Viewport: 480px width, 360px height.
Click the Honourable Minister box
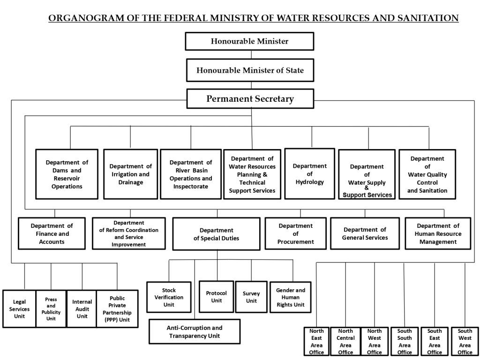click(249, 41)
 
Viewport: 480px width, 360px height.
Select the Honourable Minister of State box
click(250, 70)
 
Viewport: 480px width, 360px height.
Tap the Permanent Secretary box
click(250, 98)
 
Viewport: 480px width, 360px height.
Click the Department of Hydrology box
click(309, 174)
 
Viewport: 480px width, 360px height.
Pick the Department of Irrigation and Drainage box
click(131, 174)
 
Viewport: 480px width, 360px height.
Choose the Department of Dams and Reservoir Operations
click(67, 174)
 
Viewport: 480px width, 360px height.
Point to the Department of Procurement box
click(295, 233)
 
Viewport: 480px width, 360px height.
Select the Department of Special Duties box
click(217, 234)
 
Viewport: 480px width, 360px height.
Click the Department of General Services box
click(365, 233)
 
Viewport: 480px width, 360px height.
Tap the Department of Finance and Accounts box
click(52, 233)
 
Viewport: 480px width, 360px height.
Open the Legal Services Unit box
click(19, 309)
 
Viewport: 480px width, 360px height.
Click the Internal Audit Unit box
click(82, 309)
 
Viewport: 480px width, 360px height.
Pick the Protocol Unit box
click(217, 297)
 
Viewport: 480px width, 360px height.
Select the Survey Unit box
click(251, 297)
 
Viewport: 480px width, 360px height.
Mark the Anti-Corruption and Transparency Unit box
click(195, 331)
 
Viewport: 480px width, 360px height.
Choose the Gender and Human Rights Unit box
click(291, 297)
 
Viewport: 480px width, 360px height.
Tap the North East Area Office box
click(316, 341)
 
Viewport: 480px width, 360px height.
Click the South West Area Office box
click(465, 341)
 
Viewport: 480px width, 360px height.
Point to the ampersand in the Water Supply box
click(367, 188)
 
